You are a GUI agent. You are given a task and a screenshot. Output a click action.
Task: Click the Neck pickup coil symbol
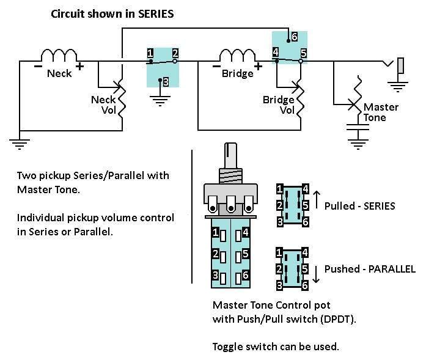(59, 55)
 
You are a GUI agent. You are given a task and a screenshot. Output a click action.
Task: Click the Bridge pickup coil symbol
(238, 55)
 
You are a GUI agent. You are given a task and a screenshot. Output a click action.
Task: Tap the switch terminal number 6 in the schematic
(295, 37)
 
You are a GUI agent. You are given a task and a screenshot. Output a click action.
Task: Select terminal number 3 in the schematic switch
(166, 82)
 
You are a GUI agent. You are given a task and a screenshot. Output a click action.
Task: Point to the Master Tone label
(381, 112)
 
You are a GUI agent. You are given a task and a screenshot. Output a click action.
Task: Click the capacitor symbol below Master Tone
(358, 127)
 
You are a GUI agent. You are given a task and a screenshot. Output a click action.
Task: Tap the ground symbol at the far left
(20, 144)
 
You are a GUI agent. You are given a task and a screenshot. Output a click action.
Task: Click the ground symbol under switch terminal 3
(160, 100)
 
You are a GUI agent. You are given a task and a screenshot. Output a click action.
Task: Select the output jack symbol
(397, 65)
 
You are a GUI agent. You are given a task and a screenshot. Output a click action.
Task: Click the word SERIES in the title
(156, 14)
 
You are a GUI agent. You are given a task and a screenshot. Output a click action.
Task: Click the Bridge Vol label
(279, 105)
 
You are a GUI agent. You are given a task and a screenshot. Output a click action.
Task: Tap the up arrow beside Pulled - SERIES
(317, 200)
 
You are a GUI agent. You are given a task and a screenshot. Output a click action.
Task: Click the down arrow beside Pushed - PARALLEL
(316, 274)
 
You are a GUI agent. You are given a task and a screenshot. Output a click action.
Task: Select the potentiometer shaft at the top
(230, 156)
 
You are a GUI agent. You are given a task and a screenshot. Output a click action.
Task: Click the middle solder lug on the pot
(231, 204)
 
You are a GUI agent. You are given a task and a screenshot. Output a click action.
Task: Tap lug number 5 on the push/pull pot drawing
(243, 255)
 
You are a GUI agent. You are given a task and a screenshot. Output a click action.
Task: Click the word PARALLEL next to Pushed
(392, 269)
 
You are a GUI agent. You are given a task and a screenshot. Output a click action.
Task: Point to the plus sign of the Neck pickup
(79, 66)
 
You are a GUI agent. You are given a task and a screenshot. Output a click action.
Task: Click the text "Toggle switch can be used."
(276, 347)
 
